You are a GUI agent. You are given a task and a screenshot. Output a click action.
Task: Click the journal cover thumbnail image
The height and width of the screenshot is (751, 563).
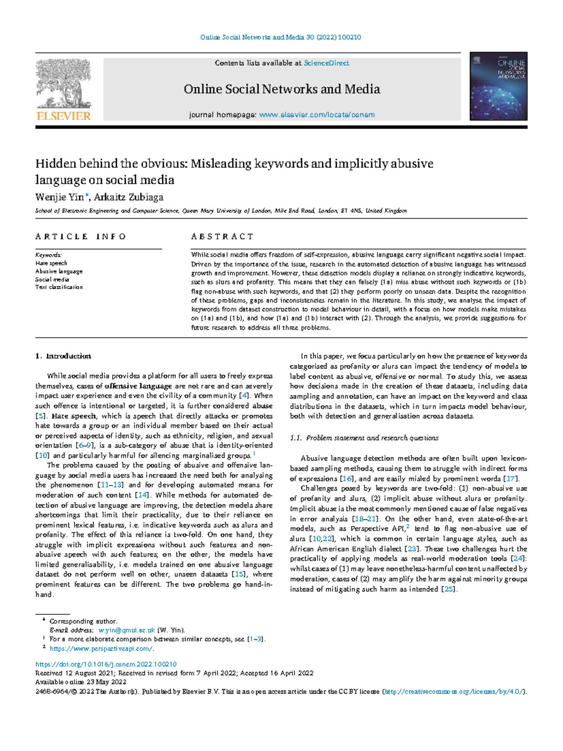[x=498, y=86]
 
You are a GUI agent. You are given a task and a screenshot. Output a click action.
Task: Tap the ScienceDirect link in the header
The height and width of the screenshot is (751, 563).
[x=326, y=63]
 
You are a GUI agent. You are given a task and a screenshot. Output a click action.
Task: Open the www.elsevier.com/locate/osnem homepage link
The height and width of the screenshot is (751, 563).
[x=317, y=115]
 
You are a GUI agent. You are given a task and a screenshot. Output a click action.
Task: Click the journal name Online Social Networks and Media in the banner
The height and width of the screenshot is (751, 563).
[x=281, y=89]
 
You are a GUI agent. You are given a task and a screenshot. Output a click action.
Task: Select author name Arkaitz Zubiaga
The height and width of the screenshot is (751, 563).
[x=129, y=197]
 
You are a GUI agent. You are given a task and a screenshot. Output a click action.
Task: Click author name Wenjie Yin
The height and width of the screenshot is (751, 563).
[x=59, y=197]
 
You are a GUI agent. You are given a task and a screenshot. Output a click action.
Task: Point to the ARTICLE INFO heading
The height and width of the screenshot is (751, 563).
[x=80, y=236]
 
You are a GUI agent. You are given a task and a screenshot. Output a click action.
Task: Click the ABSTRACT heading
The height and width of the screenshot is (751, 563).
[x=222, y=236]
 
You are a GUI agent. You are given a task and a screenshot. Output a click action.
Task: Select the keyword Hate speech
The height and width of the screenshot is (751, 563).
[x=51, y=263]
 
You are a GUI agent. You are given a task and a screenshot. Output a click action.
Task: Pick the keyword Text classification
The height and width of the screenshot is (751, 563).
[x=59, y=287]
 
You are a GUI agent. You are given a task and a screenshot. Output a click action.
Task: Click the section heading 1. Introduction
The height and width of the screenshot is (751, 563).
[x=63, y=356]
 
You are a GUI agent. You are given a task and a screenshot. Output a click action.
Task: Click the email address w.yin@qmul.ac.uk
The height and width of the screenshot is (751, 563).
[x=127, y=630]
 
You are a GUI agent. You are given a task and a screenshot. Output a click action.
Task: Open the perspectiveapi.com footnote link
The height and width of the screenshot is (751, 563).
[x=101, y=649]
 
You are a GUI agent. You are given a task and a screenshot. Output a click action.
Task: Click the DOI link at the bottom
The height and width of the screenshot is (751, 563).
[x=106, y=664]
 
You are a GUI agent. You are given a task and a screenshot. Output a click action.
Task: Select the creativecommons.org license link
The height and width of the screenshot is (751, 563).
[x=454, y=691]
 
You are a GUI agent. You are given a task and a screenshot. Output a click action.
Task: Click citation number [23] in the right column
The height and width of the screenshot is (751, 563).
[x=412, y=549]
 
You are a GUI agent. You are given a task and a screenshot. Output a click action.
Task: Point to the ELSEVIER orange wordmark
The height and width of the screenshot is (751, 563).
[x=63, y=116]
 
